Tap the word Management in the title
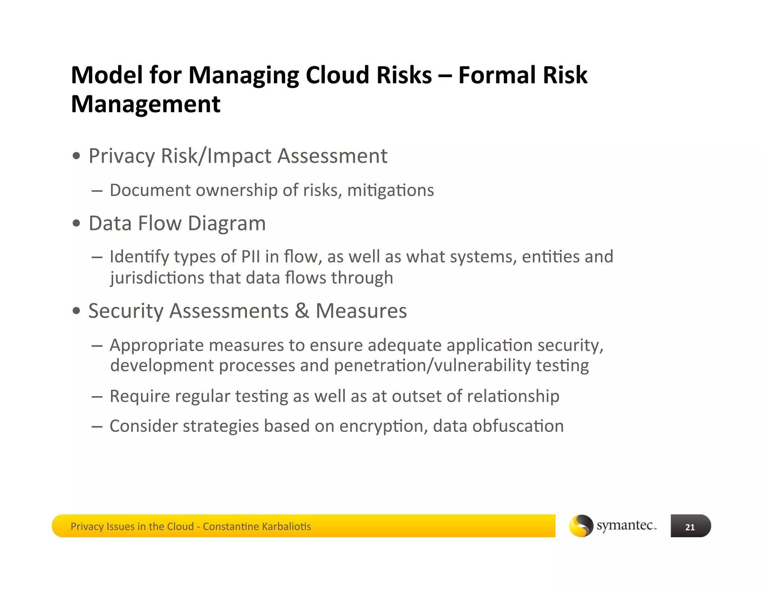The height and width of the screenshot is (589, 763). click(146, 104)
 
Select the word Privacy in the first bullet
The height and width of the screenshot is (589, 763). click(121, 156)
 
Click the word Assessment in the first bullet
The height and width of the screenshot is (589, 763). click(332, 156)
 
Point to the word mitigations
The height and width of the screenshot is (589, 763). click(390, 191)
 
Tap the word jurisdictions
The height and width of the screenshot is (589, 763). click(157, 278)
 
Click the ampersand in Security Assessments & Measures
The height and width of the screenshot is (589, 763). click(302, 311)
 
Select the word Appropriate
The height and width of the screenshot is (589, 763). click(156, 346)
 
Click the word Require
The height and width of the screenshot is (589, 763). click(140, 396)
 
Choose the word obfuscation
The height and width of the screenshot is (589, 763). click(518, 426)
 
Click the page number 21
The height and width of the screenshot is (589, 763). click(690, 527)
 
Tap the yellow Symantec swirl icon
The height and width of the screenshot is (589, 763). click(581, 526)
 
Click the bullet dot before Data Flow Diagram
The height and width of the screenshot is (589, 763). click(76, 224)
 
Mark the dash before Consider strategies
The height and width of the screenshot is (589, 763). click(97, 427)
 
